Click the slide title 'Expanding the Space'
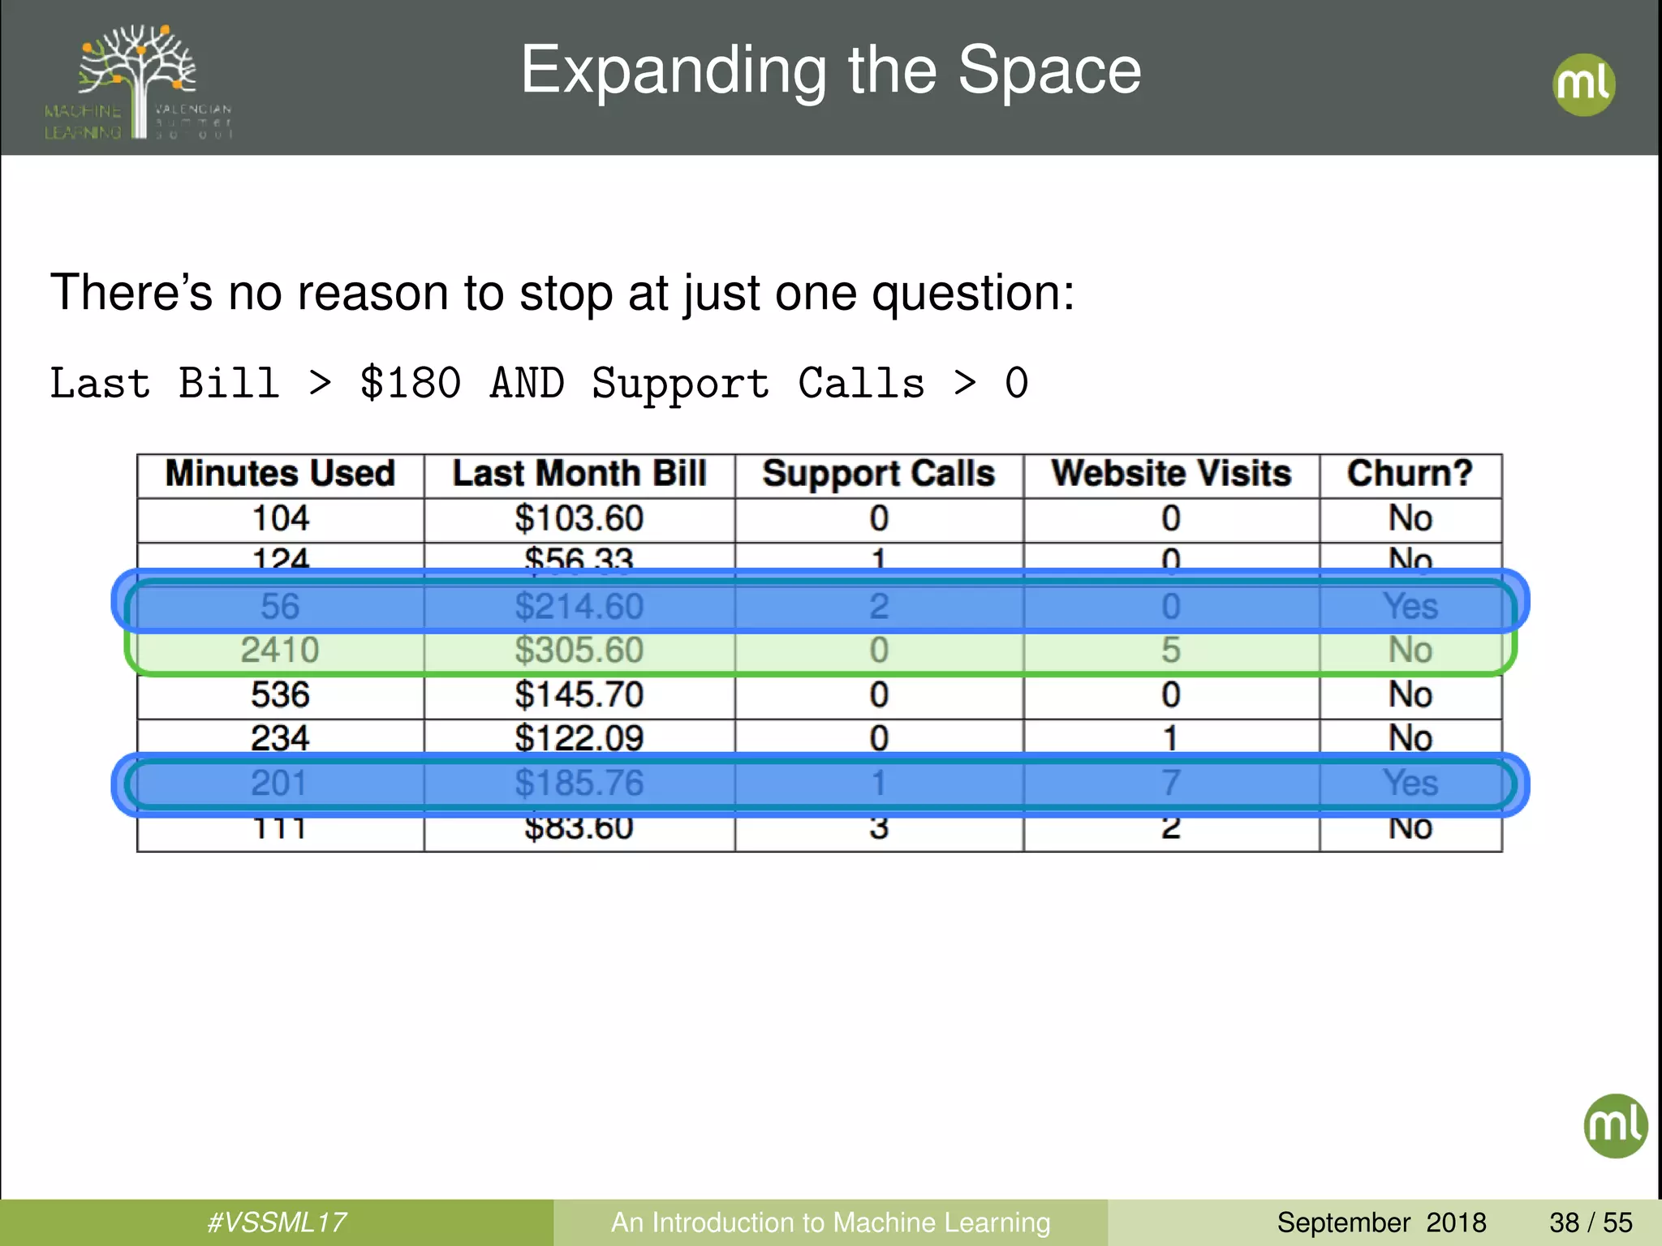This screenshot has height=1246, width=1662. click(830, 71)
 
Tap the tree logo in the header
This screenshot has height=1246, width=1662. click(138, 81)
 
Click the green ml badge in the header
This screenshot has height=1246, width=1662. click(1583, 84)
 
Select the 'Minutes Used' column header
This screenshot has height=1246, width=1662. click(280, 474)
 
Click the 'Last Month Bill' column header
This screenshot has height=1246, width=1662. click(579, 474)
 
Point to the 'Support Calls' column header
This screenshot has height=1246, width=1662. click(878, 474)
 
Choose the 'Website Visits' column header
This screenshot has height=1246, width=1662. click(1171, 474)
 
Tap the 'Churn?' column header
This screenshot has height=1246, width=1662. click(1410, 474)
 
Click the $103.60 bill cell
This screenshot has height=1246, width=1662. click(579, 518)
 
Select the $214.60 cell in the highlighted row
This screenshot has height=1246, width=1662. click(579, 607)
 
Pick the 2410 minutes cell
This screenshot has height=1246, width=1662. click(280, 651)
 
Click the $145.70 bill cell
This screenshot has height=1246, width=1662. click(579, 695)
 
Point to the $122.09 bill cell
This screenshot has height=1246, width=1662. click(579, 738)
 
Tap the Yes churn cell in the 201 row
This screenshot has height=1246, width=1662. click(1410, 784)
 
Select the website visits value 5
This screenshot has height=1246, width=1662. click(1170, 651)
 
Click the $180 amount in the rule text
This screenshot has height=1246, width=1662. click(411, 383)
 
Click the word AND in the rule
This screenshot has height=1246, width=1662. click(527, 383)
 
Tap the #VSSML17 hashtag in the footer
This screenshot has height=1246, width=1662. click(277, 1222)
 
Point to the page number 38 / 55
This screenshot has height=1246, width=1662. click(1591, 1222)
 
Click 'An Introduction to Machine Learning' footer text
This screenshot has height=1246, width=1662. click(830, 1222)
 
